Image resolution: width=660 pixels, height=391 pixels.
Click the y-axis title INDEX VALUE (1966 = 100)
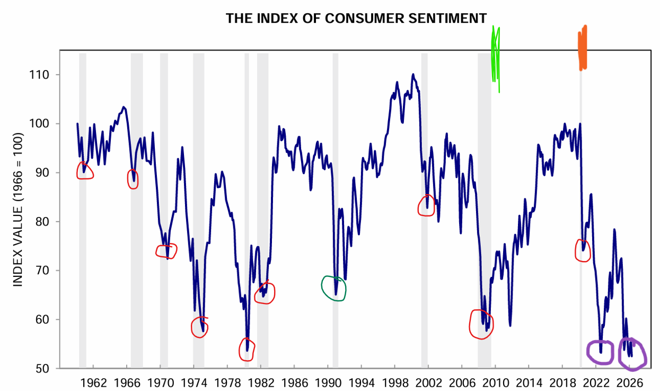[19, 210]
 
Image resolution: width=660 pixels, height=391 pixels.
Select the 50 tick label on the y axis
[42, 369]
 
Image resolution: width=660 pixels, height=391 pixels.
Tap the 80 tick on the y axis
[42, 222]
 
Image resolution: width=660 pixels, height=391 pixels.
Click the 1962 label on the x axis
[93, 383]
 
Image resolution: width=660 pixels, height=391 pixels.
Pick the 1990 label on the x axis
[328, 383]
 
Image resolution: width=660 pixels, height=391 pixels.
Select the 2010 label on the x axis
[495, 383]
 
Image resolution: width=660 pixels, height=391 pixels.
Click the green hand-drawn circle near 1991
[333, 289]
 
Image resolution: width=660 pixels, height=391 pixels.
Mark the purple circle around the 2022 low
[600, 351]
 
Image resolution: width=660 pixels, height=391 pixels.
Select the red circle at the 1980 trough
[247, 349]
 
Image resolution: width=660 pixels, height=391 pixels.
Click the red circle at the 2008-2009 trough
[481, 324]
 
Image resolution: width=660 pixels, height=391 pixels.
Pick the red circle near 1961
[85, 171]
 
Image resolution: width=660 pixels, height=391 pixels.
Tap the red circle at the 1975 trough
[199, 327]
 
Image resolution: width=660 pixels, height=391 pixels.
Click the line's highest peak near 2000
[413, 74]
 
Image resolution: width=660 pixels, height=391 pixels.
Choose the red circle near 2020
[582, 250]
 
